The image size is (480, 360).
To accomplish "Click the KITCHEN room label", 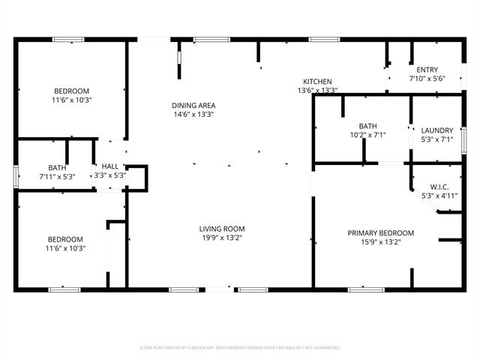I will tap(317, 82).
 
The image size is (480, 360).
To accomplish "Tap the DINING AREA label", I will tap(193, 106).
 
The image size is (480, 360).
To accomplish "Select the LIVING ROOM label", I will tap(221, 229).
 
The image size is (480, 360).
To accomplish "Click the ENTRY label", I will tap(427, 70).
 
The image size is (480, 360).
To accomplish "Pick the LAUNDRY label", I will tap(436, 130).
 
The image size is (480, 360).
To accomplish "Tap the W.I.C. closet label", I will tap(439, 187).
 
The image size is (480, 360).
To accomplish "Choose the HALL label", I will tap(109, 166).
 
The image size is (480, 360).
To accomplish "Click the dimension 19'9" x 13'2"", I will tap(221, 238).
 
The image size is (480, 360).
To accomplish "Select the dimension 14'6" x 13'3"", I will tap(193, 115).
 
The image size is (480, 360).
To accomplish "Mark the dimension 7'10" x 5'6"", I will tap(427, 78).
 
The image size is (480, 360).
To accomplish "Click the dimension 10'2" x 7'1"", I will tap(367, 135).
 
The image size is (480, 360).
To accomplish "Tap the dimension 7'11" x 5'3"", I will tap(57, 176).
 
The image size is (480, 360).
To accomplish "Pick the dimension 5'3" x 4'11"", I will tap(439, 196).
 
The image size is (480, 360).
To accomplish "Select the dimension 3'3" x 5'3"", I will tap(109, 175).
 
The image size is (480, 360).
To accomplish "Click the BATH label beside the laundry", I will tap(367, 126).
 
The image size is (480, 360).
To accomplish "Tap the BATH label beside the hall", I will tap(57, 167).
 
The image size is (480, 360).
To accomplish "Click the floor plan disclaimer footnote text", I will tap(240, 347).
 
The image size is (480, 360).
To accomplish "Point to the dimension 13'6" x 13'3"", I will tap(317, 91).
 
